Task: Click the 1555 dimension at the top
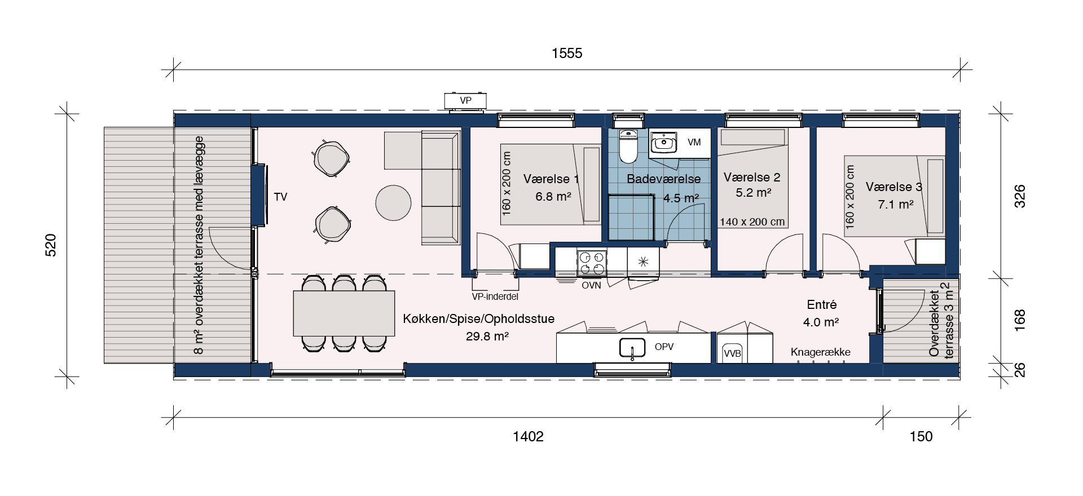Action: (x=567, y=53)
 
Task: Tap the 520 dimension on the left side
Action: (x=51, y=245)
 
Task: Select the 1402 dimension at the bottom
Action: (x=528, y=436)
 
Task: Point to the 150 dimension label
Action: (x=921, y=436)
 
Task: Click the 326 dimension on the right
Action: (x=1020, y=196)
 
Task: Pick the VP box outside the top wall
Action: (x=465, y=101)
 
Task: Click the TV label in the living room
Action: (x=280, y=197)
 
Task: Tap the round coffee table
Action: (x=393, y=203)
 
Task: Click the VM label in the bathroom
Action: (x=694, y=142)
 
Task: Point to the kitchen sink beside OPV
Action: (x=632, y=348)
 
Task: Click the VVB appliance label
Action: (x=732, y=353)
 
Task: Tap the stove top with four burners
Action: (x=592, y=262)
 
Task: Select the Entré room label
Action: (x=822, y=305)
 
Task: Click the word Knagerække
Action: (x=821, y=352)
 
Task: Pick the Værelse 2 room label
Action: (x=752, y=177)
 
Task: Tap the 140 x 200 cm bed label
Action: (x=752, y=222)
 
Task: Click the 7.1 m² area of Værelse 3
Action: (x=896, y=204)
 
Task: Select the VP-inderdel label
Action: (x=495, y=296)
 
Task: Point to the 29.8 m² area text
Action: (x=487, y=336)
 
